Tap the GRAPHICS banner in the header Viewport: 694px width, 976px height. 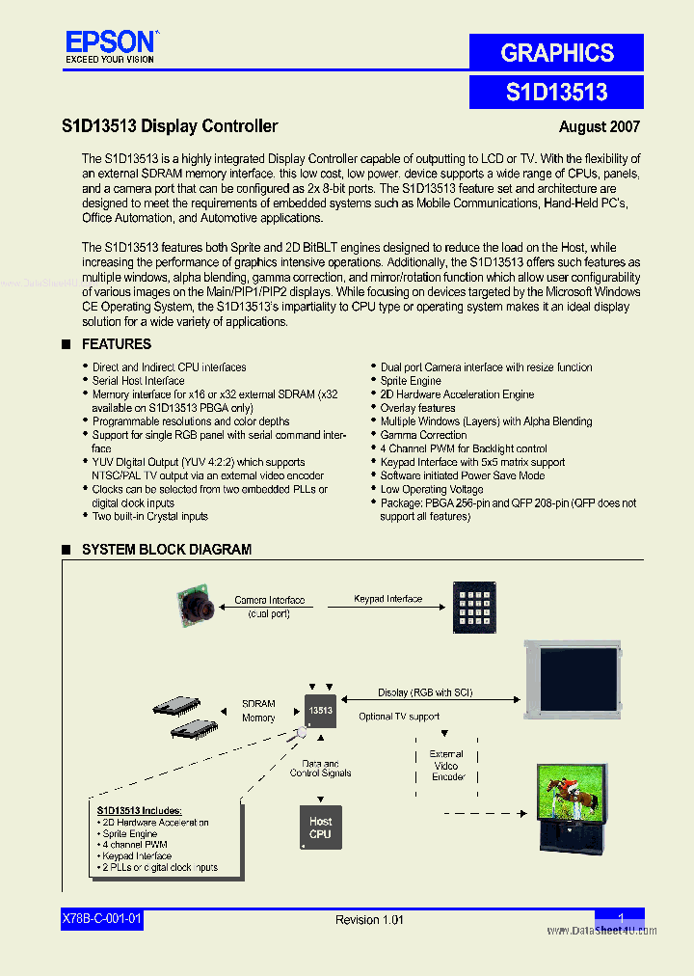point(556,53)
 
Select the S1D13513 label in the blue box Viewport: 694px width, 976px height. point(556,92)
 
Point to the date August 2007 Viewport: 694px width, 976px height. point(599,126)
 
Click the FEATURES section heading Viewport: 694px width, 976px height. point(116,344)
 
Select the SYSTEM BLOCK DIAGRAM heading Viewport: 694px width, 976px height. point(166,550)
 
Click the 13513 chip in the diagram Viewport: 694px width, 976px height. point(320,710)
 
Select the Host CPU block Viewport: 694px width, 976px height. point(320,827)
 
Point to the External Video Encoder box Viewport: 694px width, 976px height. point(447,765)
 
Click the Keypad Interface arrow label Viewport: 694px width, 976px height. point(387,599)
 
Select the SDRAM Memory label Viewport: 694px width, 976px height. point(258,711)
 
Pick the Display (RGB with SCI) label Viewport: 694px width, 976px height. point(425,692)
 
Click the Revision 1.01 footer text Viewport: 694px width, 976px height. point(369,920)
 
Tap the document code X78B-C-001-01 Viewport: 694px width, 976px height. point(101,919)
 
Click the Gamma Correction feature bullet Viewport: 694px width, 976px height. point(423,435)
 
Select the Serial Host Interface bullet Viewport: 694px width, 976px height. point(138,381)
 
